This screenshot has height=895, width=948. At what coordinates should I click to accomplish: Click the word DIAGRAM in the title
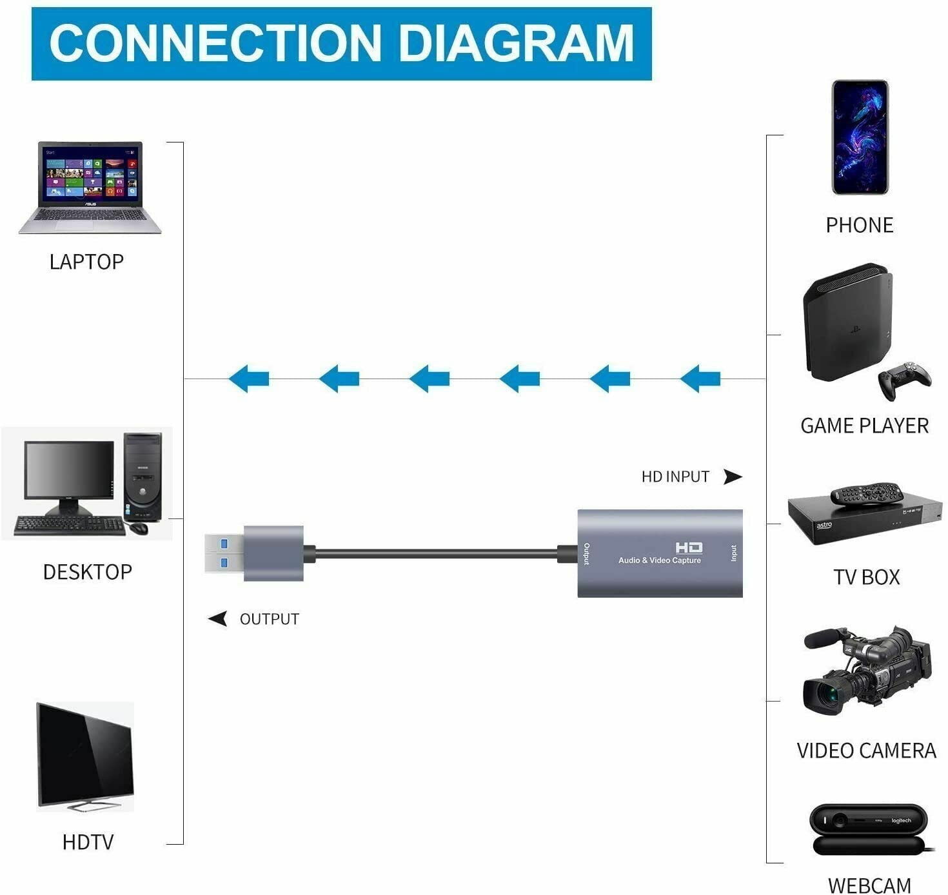click(x=516, y=43)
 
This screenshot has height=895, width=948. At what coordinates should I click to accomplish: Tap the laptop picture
click(x=90, y=187)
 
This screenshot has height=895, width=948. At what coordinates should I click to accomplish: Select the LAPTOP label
click(x=86, y=262)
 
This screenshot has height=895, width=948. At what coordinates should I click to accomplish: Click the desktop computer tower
click(x=143, y=477)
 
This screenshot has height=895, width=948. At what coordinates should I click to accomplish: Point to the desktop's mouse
click(x=139, y=528)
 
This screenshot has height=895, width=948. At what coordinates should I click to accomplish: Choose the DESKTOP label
click(x=87, y=572)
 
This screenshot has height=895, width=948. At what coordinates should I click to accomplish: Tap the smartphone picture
click(x=860, y=137)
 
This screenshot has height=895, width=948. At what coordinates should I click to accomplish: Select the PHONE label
click(x=860, y=225)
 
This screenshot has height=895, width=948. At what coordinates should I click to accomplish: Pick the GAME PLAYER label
click(x=864, y=426)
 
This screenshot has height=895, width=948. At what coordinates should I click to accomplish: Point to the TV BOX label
click(x=866, y=577)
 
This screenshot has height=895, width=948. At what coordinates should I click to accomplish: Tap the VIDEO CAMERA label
click(x=866, y=751)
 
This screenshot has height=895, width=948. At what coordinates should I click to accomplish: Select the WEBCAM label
click(x=869, y=885)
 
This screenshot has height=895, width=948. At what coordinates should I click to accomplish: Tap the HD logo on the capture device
click(x=689, y=547)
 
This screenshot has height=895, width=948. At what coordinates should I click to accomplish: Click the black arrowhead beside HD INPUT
click(x=733, y=477)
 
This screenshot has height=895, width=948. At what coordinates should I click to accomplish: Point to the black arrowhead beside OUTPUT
click(x=218, y=618)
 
